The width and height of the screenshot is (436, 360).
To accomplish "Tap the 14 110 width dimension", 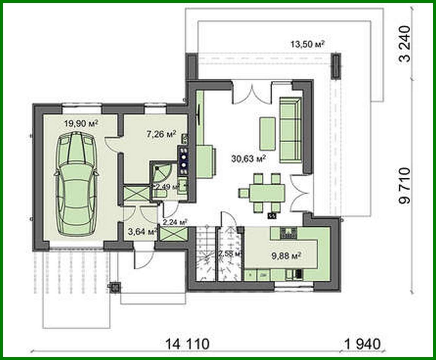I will pos(187,344).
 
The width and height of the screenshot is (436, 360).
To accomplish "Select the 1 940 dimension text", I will pos(362,344).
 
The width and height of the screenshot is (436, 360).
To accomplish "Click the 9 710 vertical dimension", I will pos(405,186).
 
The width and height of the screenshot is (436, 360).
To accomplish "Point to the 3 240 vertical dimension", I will pos(405,44).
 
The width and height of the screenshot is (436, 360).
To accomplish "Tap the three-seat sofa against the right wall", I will pos(291,130).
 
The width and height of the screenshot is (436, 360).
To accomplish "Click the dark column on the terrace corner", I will pos(336,66).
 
